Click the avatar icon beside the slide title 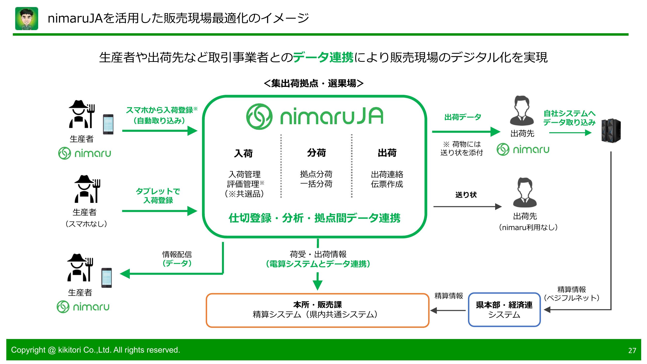[27, 19]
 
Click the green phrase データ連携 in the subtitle [323, 57]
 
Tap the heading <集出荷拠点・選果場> [313, 83]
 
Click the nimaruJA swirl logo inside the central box [259, 116]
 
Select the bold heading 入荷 [243, 153]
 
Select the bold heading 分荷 [316, 153]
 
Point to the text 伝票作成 [387, 184]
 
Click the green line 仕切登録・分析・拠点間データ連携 [314, 218]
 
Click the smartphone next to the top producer [108, 124]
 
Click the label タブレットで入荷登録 [158, 196]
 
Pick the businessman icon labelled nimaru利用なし [525, 192]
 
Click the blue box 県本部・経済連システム [504, 309]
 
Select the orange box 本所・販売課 [317, 310]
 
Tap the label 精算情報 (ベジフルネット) [571, 293]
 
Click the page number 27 [632, 350]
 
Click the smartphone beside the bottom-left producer [106, 278]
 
